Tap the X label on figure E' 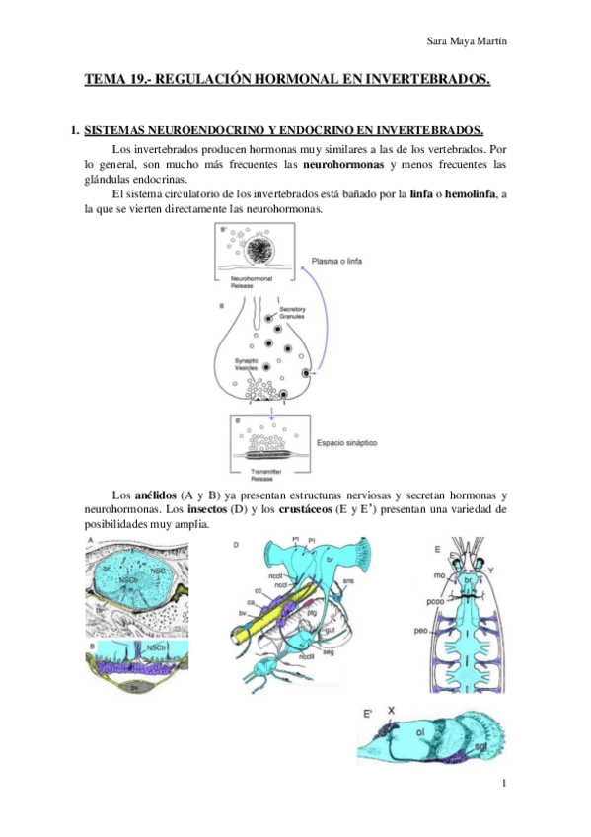391,710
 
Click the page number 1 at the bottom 503,784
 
